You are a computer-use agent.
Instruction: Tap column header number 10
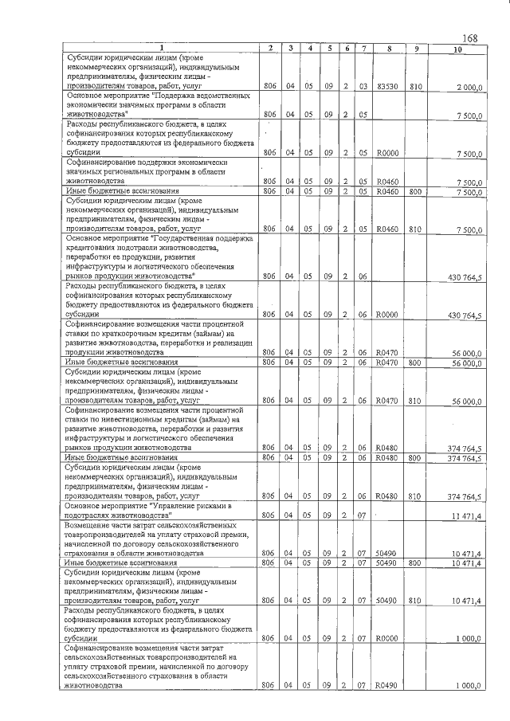[456, 49]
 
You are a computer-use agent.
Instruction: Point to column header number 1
[159, 49]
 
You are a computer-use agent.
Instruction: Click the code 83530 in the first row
[388, 86]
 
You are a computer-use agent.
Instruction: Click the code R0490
[387, 685]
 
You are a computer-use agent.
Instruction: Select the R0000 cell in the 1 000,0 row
[387, 638]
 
